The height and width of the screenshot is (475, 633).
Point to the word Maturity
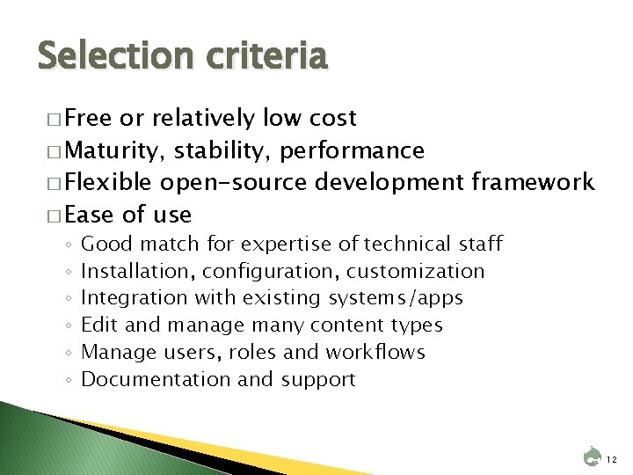point(115,151)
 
